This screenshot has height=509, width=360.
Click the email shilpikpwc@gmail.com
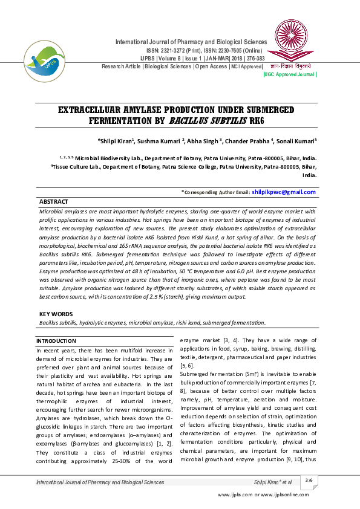click(283, 192)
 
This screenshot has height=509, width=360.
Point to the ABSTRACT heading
click(53, 201)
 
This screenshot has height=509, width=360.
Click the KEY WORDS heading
click(56, 314)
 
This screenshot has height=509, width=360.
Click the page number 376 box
click(309, 480)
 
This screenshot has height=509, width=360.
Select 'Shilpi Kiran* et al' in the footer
click(273, 482)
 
